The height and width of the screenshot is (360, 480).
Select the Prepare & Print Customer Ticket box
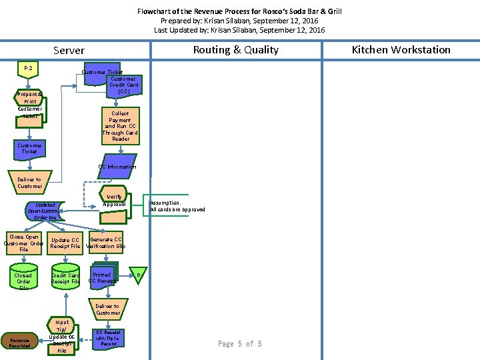click(x=29, y=105)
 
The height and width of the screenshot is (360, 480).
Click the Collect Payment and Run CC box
click(x=121, y=125)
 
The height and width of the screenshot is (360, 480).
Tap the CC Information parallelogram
click(x=117, y=167)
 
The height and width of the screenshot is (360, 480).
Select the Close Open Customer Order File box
click(x=23, y=243)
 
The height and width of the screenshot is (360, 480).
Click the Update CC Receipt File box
click(x=65, y=243)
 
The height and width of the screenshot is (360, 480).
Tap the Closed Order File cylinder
click(x=23, y=280)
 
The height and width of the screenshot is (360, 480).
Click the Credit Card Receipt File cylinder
click(x=65, y=279)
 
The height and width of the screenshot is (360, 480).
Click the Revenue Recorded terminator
click(x=19, y=342)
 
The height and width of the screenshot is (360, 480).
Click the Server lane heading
click(x=69, y=51)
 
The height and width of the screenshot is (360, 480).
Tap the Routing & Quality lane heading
click(x=235, y=50)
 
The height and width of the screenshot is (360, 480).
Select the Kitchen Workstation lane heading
click(x=401, y=50)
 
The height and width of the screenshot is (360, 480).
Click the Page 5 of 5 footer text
click(x=239, y=344)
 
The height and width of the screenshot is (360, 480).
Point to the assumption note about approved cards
click(x=167, y=206)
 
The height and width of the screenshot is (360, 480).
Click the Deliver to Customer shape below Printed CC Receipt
click(x=107, y=310)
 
